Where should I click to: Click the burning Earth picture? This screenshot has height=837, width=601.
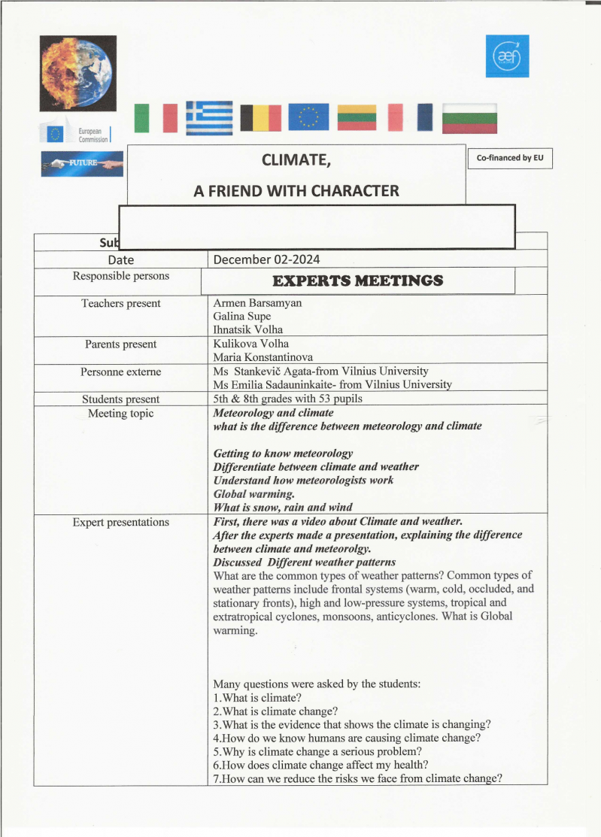(x=78, y=73)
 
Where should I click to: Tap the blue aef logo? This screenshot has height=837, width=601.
(x=507, y=56)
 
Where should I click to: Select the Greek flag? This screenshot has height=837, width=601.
(x=209, y=117)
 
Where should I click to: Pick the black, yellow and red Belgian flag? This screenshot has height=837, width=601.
(x=261, y=118)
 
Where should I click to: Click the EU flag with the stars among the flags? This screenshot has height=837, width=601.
(x=308, y=117)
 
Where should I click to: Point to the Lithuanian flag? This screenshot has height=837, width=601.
(x=357, y=117)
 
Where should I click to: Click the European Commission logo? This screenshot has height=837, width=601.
(x=77, y=135)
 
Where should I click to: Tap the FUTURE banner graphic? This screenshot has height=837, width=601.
(x=82, y=163)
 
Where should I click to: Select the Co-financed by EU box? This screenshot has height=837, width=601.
(x=509, y=158)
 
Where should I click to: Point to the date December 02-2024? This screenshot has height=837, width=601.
(x=266, y=259)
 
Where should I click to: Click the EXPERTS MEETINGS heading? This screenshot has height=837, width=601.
(x=357, y=281)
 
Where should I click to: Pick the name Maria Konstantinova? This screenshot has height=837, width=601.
(x=263, y=357)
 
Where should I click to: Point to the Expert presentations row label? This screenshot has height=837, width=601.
(x=120, y=522)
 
